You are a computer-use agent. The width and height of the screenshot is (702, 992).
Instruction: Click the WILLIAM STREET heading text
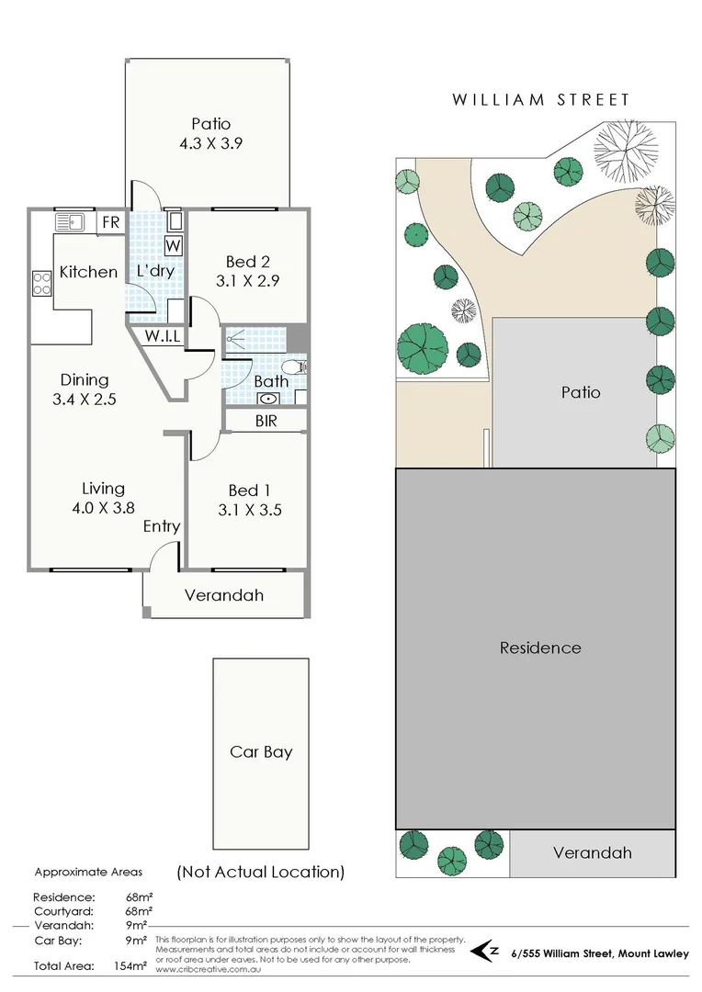[x=539, y=99]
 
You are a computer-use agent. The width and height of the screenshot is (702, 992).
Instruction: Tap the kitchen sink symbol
[x=70, y=222]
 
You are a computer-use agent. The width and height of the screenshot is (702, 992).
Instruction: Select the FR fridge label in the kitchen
[x=109, y=222]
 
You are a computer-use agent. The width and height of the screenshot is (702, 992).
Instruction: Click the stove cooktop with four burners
[x=41, y=283]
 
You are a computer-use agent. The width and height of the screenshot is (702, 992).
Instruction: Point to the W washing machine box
[x=174, y=245]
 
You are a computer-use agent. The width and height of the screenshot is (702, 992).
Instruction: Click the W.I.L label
[x=161, y=336]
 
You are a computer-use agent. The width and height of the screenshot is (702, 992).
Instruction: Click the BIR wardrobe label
[x=265, y=422]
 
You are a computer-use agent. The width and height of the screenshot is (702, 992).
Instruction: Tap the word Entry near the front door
[x=162, y=526]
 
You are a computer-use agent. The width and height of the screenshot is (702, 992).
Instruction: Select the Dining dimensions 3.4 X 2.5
[x=85, y=400]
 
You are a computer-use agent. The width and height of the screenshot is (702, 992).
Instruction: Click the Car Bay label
[x=261, y=751]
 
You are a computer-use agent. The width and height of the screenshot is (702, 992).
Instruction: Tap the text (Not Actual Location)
[x=261, y=872]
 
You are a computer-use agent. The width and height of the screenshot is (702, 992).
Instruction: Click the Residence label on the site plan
[x=540, y=648]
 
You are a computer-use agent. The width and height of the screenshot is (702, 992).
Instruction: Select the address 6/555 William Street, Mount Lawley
[x=599, y=954]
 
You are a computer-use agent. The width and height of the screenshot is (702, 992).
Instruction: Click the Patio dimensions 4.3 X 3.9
[x=210, y=143]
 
